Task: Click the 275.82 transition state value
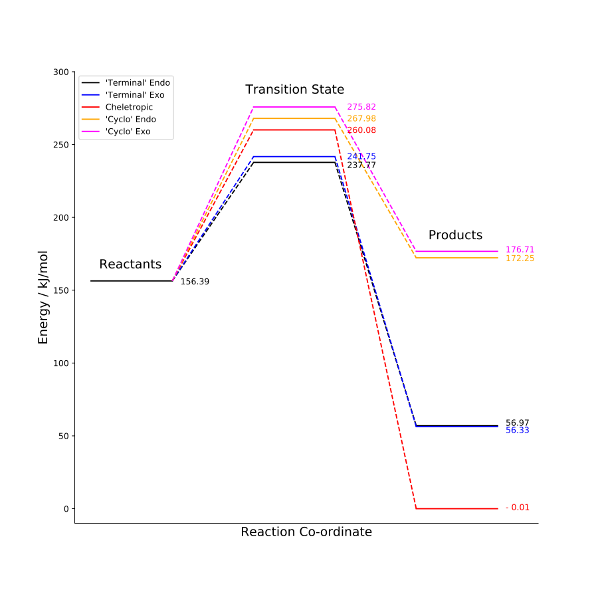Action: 361,107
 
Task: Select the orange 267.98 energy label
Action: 361,118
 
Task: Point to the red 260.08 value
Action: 361,130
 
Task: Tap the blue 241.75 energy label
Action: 361,157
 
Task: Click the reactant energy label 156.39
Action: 195,282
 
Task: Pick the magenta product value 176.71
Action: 520,250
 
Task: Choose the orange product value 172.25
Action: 520,258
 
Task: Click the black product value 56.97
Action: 517,423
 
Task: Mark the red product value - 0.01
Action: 518,508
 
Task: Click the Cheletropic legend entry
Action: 129,107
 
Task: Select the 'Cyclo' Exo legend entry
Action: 128,132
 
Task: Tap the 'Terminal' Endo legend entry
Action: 138,83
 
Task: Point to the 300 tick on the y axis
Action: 62,72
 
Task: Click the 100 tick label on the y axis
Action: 62,363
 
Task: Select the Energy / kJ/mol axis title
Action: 43,297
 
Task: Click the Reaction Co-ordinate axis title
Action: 306,532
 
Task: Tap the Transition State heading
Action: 294,90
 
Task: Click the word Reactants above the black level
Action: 130,264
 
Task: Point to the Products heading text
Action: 455,235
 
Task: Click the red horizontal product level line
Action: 457,508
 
